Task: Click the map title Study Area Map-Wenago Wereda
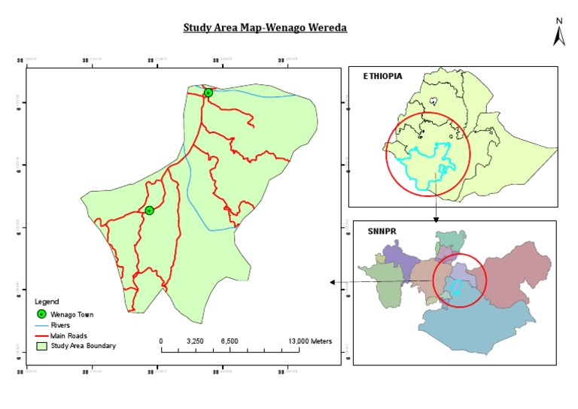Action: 265,29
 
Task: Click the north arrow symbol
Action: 558,34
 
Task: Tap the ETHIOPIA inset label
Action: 382,76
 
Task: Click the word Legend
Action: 47,301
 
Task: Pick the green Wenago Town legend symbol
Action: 43,314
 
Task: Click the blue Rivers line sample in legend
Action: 43,325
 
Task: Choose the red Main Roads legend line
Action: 43,335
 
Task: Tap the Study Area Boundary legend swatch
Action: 43,346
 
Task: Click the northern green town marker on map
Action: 208,93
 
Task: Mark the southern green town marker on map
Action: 150,211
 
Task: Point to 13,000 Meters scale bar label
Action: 310,341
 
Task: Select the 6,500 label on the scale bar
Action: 230,341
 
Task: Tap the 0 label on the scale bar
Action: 161,341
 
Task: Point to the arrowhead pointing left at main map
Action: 332,283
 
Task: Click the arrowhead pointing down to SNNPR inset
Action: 436,220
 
